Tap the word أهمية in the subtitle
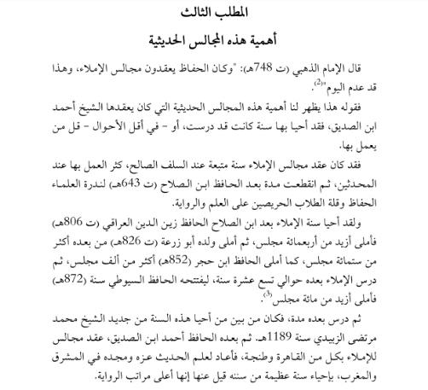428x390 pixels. pos(261,40)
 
